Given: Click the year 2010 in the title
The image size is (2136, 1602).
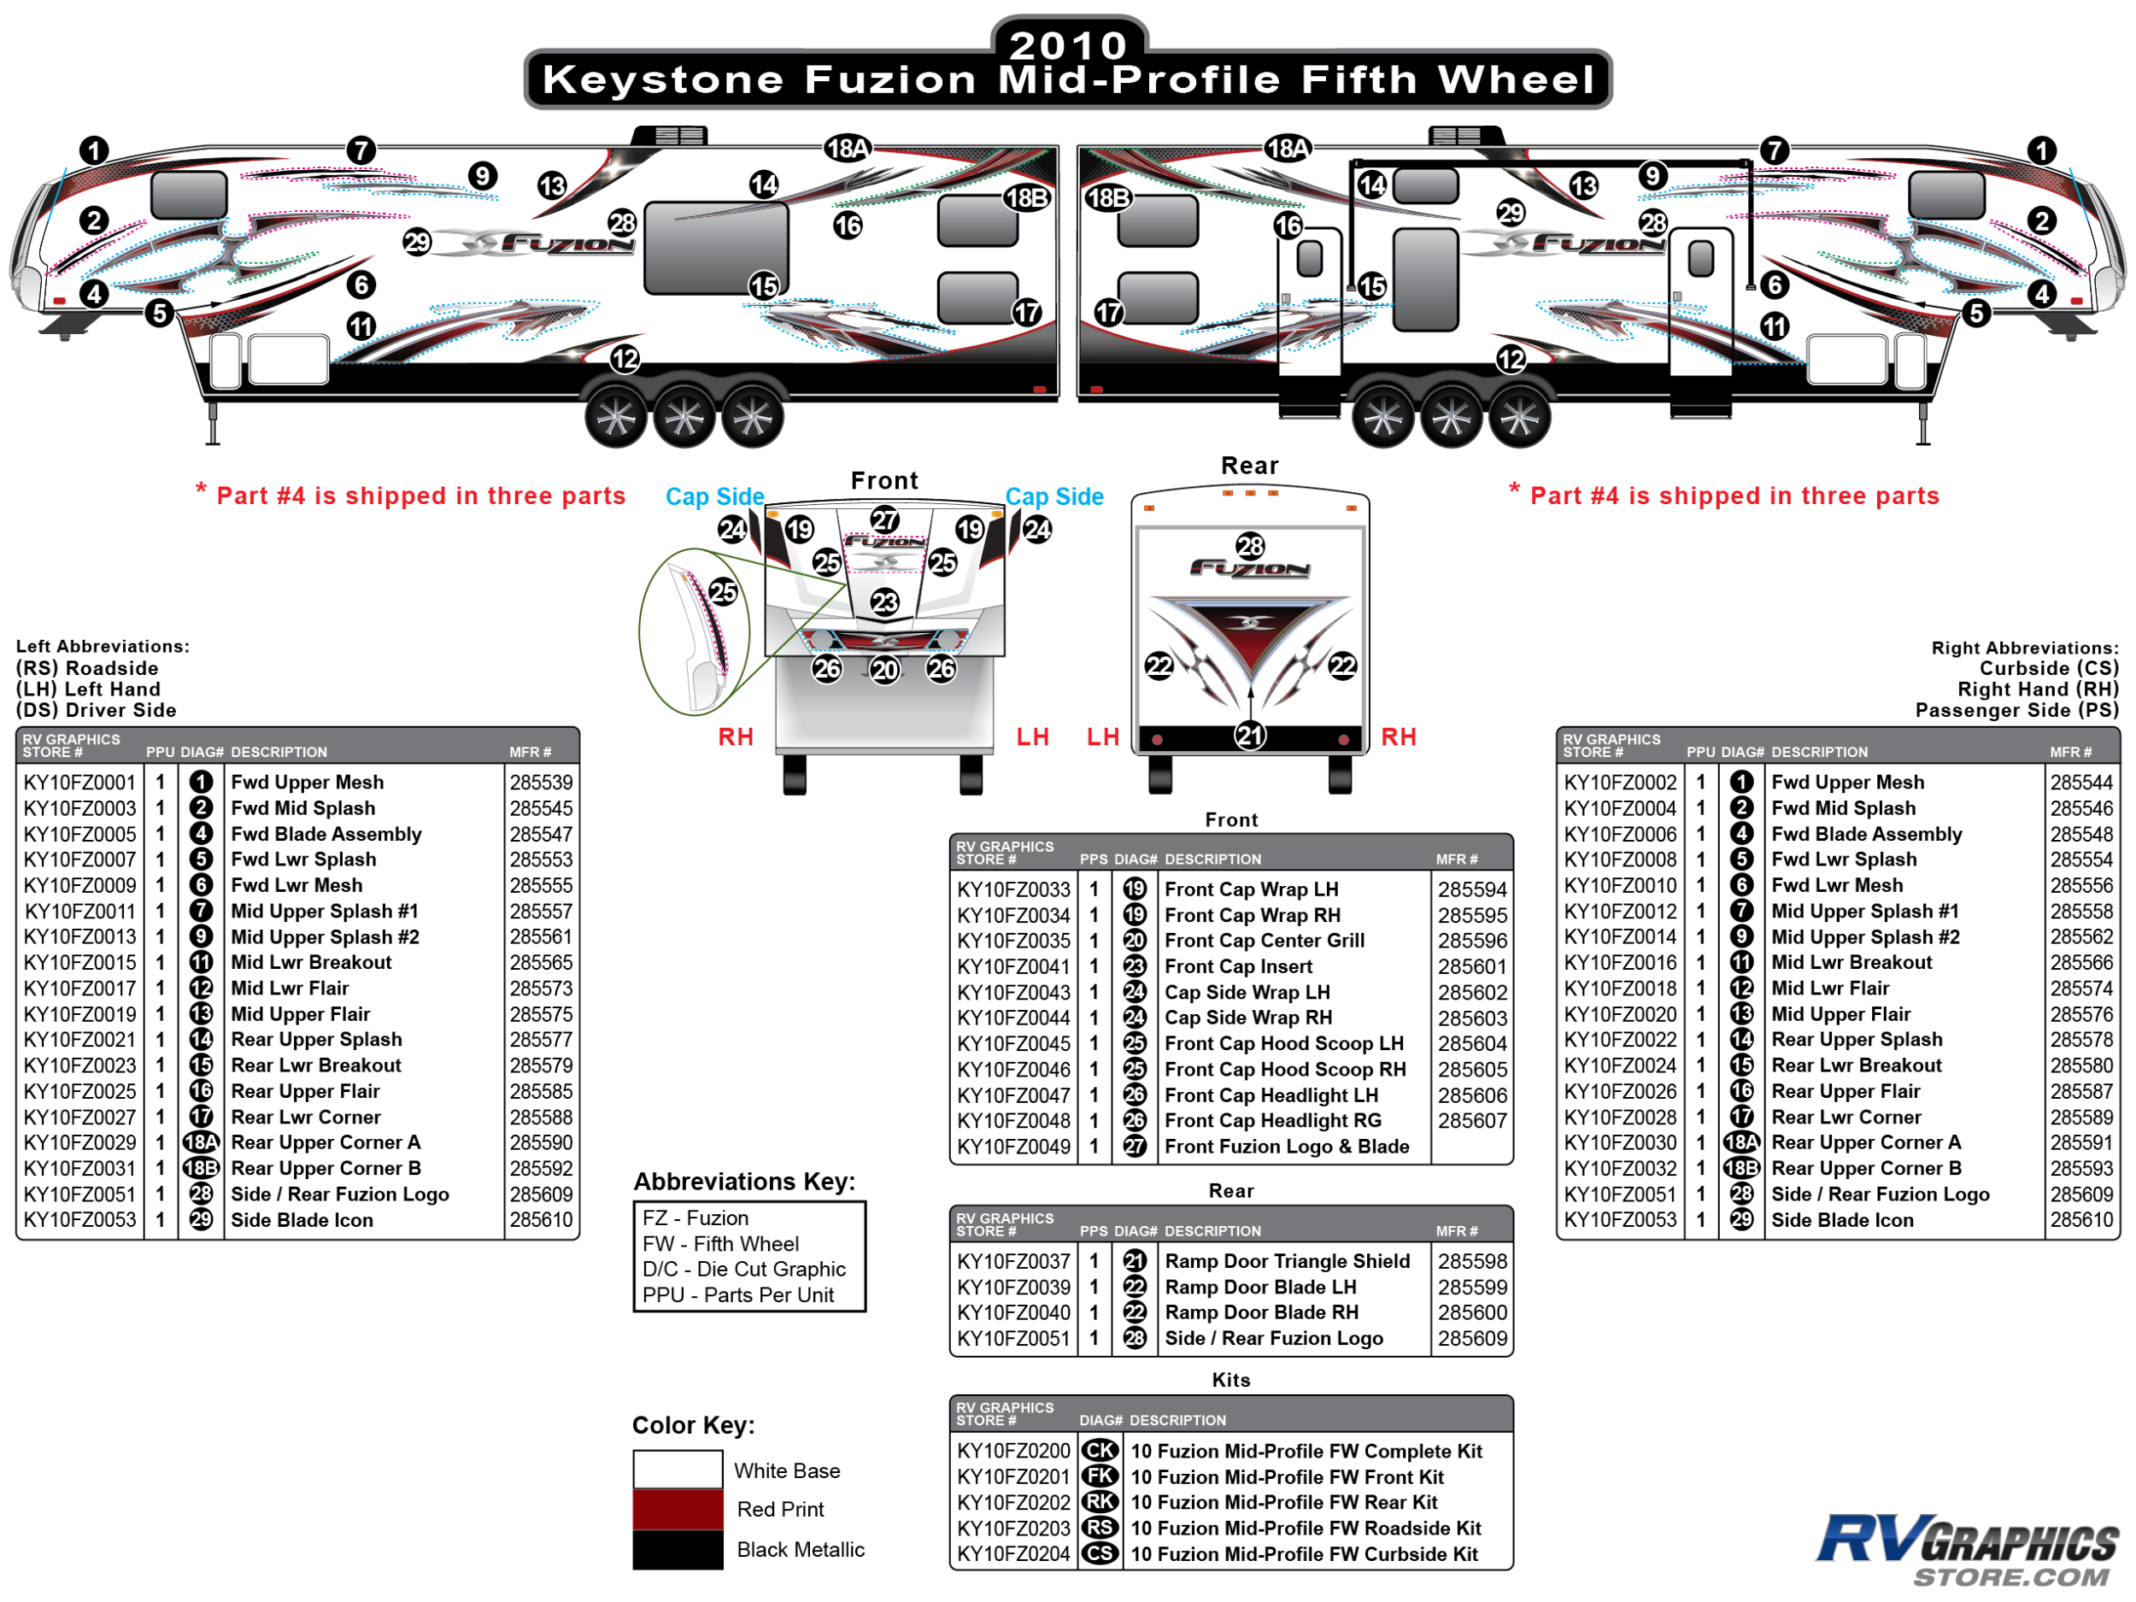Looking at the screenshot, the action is pos(1068,44).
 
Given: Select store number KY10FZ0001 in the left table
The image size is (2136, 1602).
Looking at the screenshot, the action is pos(80,782).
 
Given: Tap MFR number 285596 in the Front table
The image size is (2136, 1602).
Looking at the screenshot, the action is pos(1471,941).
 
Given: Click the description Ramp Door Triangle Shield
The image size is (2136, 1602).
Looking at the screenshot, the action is pos(1288,1261).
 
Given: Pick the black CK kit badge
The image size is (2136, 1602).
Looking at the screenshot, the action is pos(1100,1451).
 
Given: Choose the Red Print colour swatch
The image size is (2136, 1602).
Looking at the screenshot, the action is pos(678,1510).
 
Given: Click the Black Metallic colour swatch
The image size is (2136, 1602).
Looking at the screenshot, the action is pos(678,1550).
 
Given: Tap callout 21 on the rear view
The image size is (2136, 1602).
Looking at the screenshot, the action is pos(1249,736).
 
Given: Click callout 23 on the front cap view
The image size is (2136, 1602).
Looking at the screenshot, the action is pos(884,602).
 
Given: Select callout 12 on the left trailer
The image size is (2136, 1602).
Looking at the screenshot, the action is pos(625,359).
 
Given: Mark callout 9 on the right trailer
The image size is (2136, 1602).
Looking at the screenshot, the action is pos(1652,176).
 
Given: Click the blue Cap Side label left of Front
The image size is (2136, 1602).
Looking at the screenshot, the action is pos(714,496).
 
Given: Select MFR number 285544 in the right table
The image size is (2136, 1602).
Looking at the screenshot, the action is pos(2082,782).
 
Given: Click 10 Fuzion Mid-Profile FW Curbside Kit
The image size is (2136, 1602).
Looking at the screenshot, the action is pos(1304,1553).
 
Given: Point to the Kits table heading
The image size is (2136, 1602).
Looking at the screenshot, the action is pos(1230,1380).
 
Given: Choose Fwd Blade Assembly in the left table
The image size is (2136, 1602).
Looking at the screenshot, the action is pos(326,834).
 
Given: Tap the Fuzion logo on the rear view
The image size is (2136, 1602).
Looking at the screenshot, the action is pos(1249,569).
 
